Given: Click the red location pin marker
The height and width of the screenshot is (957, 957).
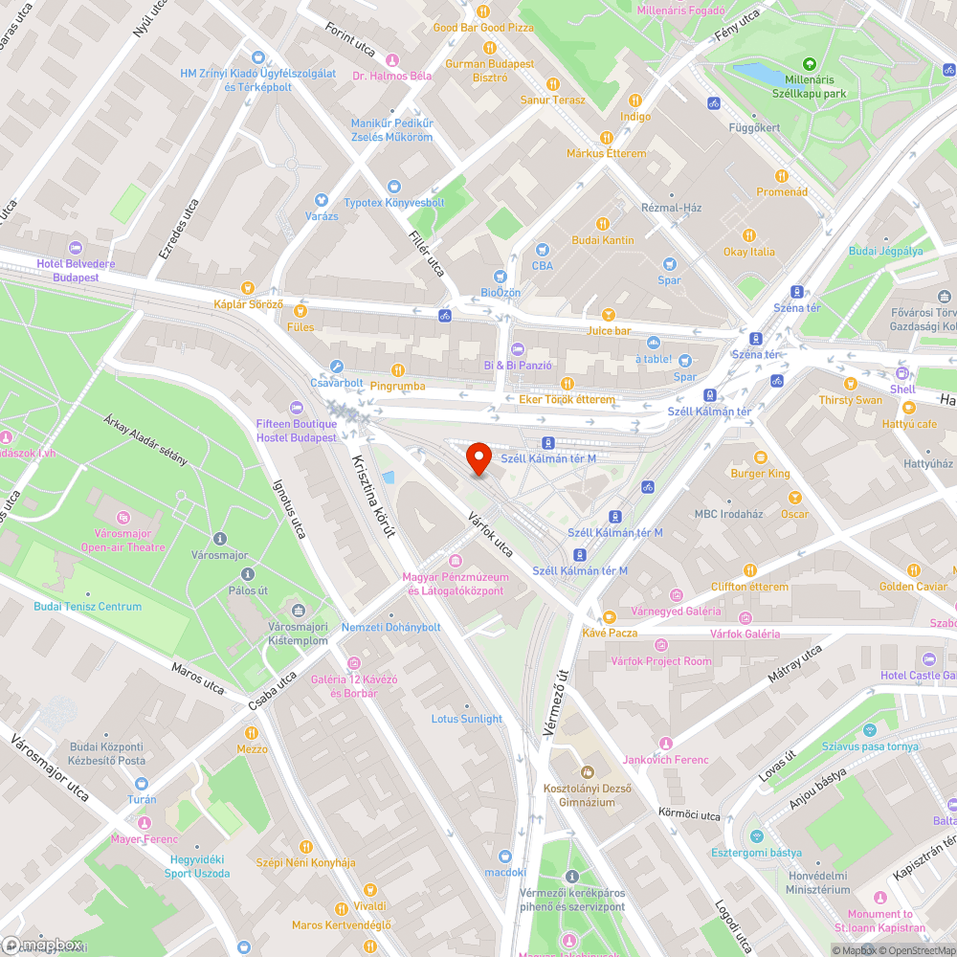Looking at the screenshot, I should pyautogui.click(x=478, y=458).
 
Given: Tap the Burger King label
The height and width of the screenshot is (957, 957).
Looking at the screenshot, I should pyautogui.click(x=760, y=473).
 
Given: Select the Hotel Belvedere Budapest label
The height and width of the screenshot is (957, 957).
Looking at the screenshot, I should pyautogui.click(x=76, y=270).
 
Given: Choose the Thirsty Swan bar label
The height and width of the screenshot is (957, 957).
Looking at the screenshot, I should pyautogui.click(x=850, y=400).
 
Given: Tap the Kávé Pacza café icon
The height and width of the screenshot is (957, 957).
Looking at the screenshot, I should pyautogui.click(x=610, y=616).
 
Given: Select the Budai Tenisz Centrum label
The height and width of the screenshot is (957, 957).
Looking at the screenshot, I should pyautogui.click(x=87, y=607).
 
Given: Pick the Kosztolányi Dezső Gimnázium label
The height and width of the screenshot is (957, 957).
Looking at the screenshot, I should pyautogui.click(x=587, y=793).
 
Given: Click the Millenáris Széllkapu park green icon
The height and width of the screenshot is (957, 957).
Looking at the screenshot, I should pyautogui.click(x=809, y=63).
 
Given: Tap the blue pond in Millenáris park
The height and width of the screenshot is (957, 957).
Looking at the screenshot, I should pyautogui.click(x=757, y=72).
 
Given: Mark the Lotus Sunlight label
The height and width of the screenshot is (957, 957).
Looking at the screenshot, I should pyautogui.click(x=466, y=719).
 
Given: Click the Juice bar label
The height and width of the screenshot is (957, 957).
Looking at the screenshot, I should pyautogui.click(x=609, y=331).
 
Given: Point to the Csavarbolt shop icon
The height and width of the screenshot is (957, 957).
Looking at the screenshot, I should pyautogui.click(x=336, y=367).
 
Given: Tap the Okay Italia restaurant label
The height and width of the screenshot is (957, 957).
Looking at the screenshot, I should pyautogui.click(x=749, y=252).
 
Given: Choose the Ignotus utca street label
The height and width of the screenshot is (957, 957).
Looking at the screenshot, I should pyautogui.click(x=288, y=507).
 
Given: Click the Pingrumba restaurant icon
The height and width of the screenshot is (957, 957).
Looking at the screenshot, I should pyautogui.click(x=395, y=370).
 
